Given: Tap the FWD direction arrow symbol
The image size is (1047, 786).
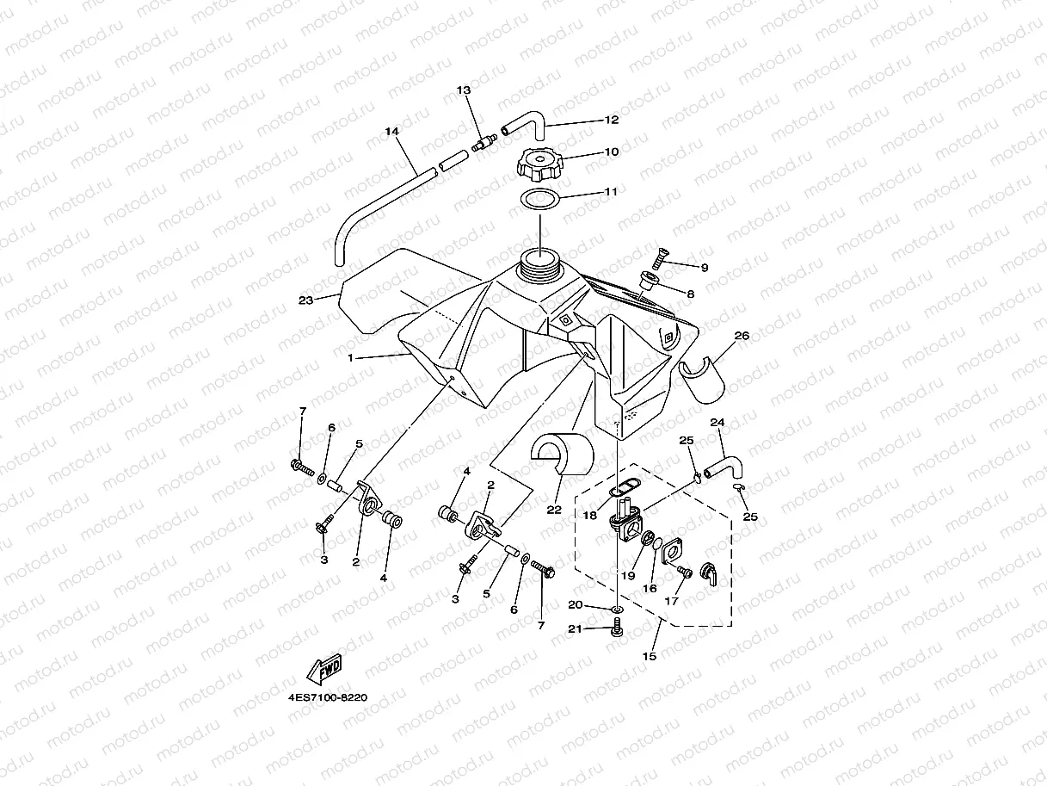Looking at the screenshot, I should point(324,668).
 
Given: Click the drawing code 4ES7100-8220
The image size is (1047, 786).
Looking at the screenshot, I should point(328,697).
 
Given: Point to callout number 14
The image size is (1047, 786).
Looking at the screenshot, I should point(391,132).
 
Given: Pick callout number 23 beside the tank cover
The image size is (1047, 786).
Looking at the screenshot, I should point(305,300).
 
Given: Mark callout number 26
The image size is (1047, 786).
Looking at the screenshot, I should point(742,336).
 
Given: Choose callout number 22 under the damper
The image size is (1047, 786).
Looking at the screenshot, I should point(554,510).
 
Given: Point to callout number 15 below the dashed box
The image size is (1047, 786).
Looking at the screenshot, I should point(650,656).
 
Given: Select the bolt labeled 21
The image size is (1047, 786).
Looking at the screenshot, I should point(617,631).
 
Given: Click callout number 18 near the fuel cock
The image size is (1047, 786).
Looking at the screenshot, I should point(589,515).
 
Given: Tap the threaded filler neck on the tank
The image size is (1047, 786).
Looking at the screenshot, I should point(540,263).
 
